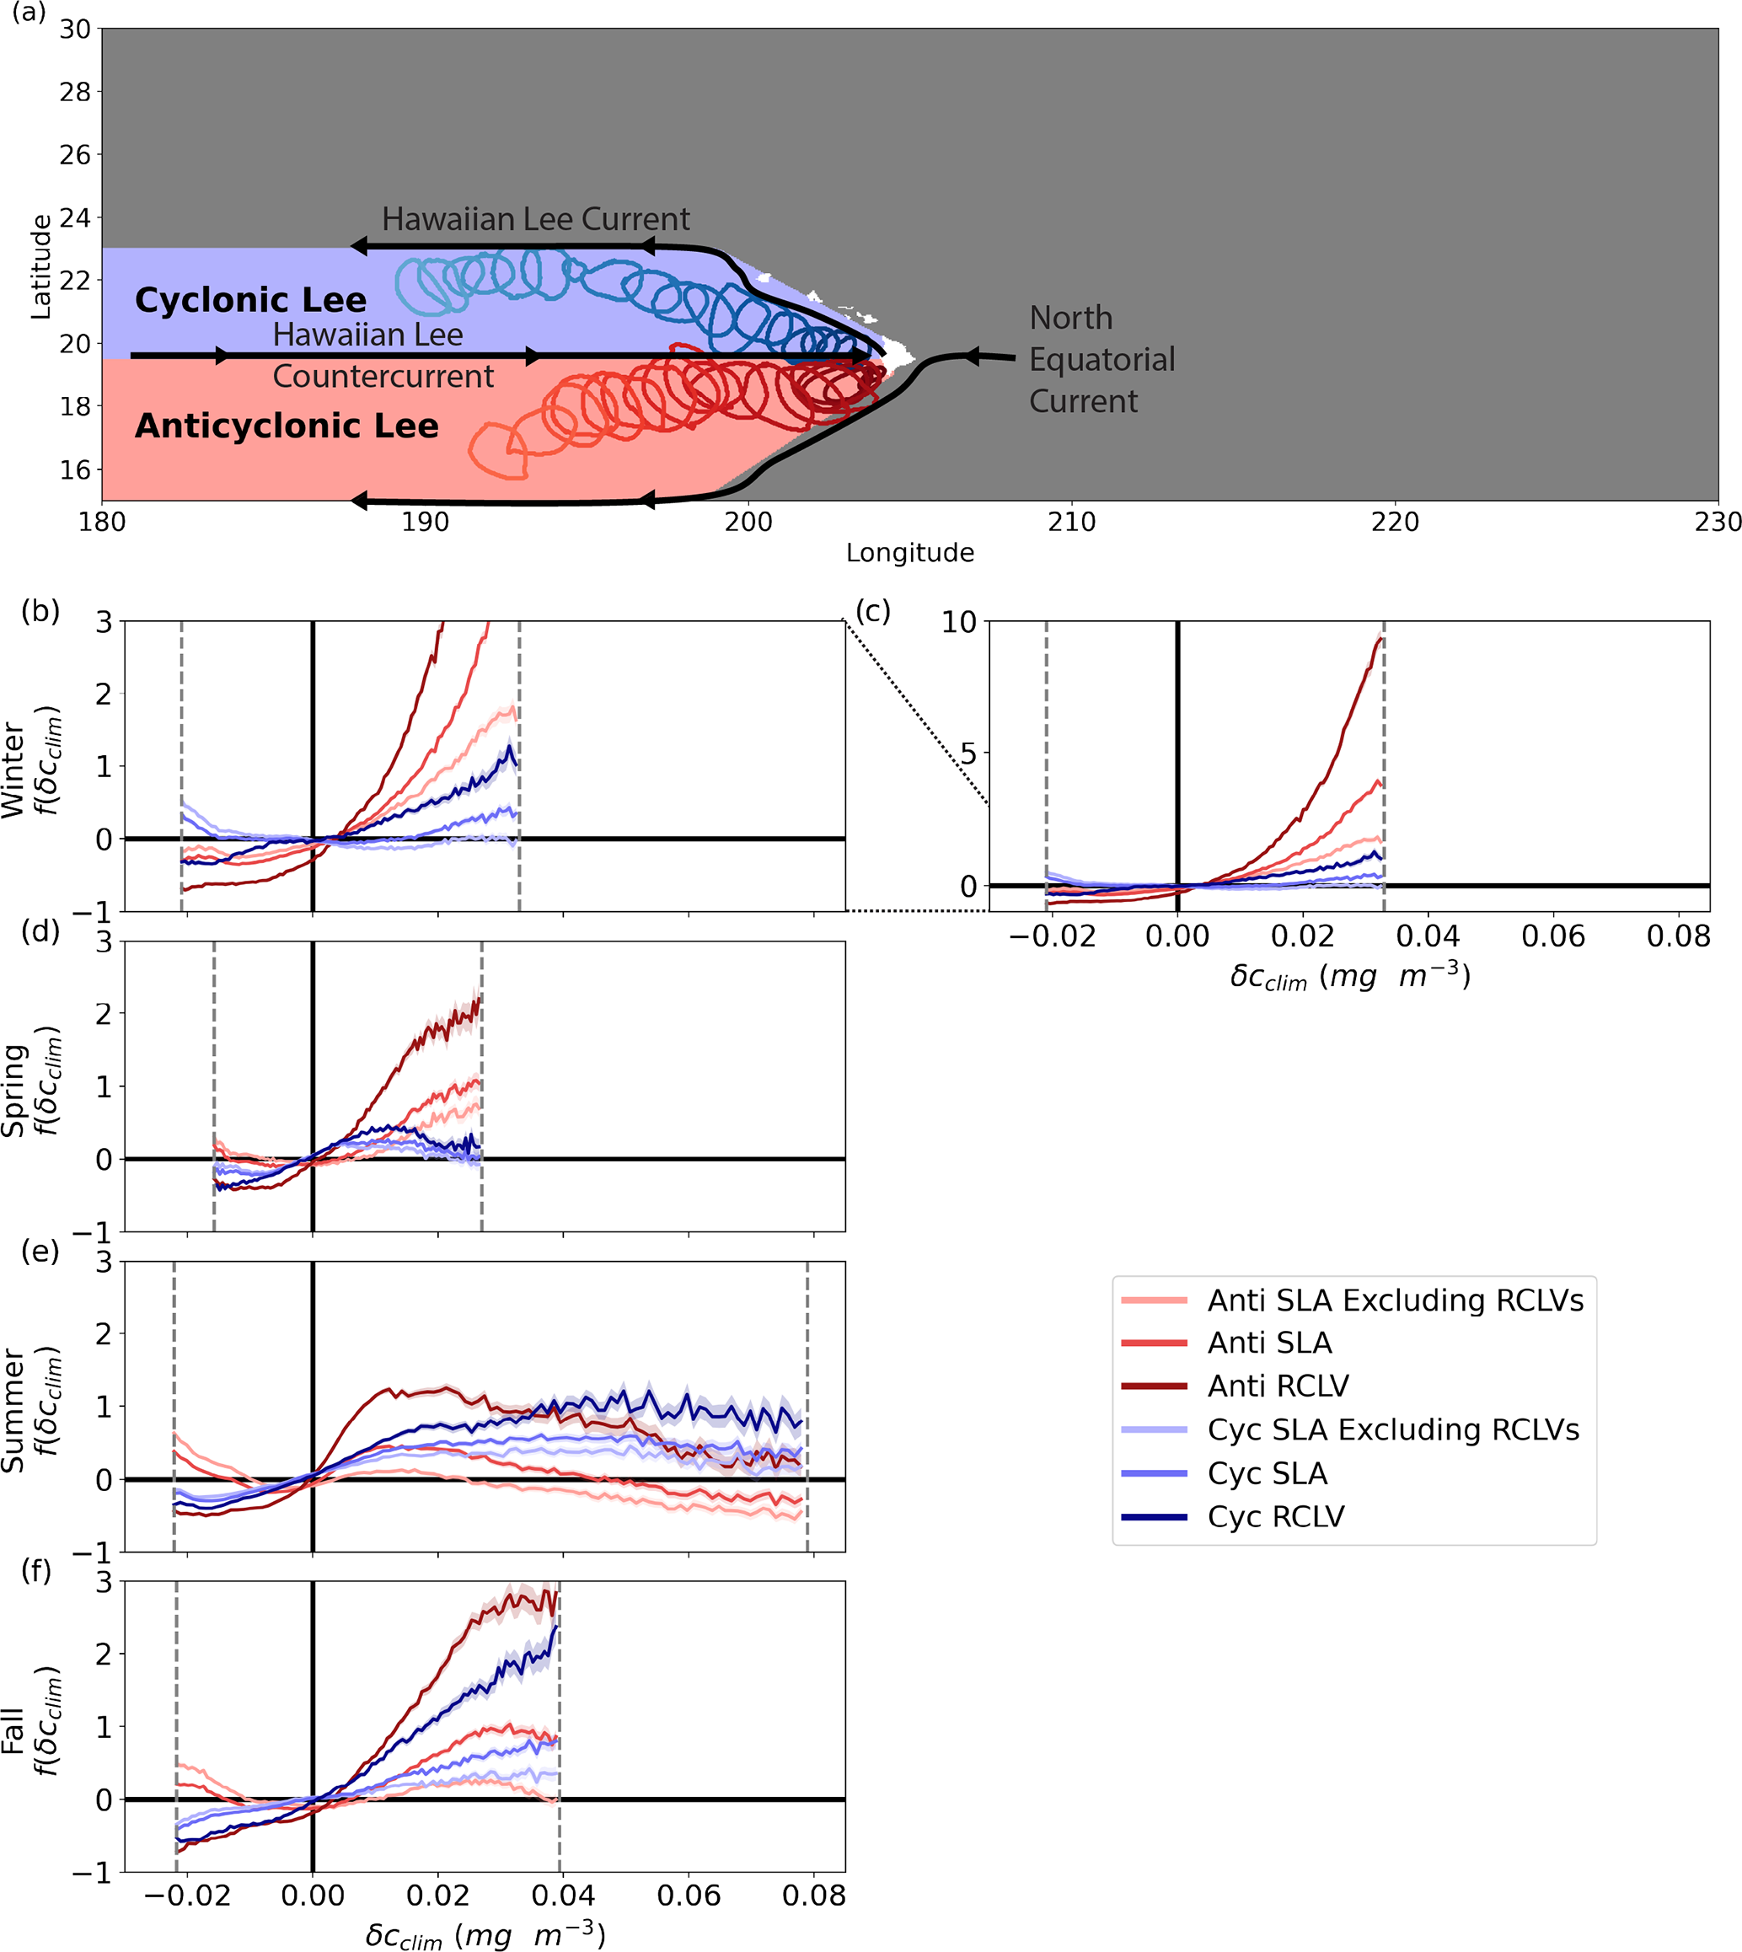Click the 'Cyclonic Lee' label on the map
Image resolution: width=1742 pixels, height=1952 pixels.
point(251,301)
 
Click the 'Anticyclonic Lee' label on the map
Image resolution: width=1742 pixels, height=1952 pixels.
point(287,426)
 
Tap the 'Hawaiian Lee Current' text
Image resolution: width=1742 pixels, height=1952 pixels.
point(535,219)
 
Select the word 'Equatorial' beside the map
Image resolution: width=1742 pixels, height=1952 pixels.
point(1101,360)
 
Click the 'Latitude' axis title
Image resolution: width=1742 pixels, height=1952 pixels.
point(40,266)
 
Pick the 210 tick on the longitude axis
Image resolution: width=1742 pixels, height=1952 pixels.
point(1071,523)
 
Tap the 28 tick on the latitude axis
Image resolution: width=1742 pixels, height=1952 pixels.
point(75,93)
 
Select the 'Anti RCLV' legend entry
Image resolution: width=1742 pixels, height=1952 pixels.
point(1278,1386)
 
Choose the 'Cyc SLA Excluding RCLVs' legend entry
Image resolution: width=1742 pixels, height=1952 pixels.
point(1392,1430)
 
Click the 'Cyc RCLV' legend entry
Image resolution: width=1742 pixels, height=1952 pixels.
point(1276,1517)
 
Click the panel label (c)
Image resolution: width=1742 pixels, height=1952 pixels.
point(872,611)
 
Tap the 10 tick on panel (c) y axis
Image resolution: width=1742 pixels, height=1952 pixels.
point(959,623)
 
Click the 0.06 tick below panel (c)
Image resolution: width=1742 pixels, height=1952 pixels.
point(1552,936)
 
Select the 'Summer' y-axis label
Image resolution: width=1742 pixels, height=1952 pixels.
point(13,1411)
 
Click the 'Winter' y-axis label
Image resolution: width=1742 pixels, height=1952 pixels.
point(13,770)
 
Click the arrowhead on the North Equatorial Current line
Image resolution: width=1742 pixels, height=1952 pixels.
point(971,357)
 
